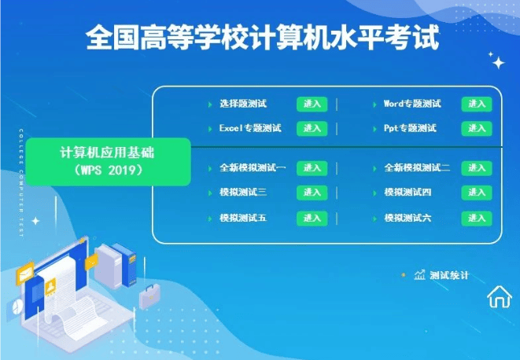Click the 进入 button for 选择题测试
coord(312,104)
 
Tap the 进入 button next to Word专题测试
coord(477,104)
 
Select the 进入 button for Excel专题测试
coord(312,128)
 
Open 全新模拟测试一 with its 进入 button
coord(312,168)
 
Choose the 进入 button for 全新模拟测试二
coord(477,168)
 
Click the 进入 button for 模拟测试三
coord(312,193)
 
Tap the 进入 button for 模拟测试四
coord(477,193)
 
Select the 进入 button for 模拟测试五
coord(312,218)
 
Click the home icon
coord(499,296)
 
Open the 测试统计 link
coord(449,275)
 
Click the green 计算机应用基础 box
coord(108,161)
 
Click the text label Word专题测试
coord(411,104)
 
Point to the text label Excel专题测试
coord(250,128)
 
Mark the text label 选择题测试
coord(243,104)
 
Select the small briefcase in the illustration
coord(149,296)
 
